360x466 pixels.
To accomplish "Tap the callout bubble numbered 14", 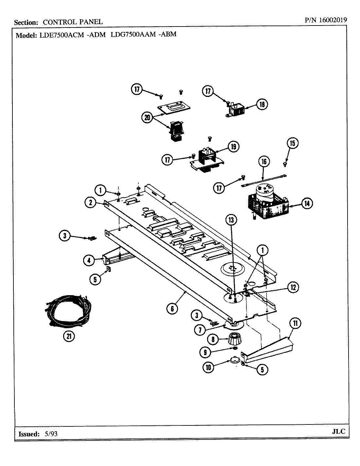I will coord(306,204).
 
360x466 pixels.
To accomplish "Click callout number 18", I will coord(262,104).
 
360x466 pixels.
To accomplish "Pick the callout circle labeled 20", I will coord(147,117).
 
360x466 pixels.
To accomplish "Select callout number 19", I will coord(233,147).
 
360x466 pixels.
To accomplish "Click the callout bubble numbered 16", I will coord(264,161).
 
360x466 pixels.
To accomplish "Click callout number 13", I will coord(231,220).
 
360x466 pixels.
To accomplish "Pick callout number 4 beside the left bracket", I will coord(89,260).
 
